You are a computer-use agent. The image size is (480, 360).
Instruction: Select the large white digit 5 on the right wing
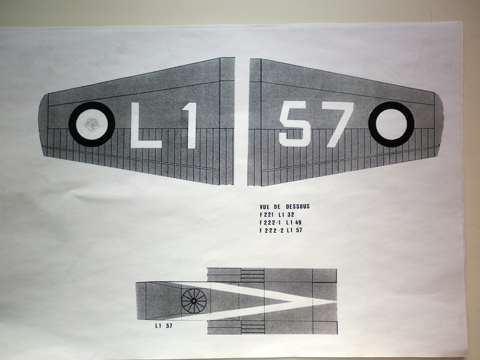[x=294, y=124]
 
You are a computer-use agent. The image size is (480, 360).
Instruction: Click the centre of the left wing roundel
[x=91, y=124]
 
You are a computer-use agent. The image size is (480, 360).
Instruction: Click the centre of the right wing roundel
[x=391, y=124]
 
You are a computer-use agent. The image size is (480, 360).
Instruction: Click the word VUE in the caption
[x=265, y=206]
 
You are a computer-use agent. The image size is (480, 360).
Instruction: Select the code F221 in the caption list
[x=266, y=214]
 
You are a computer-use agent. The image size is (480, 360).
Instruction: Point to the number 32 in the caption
[x=291, y=214]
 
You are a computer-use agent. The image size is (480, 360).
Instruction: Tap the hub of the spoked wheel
[x=194, y=300]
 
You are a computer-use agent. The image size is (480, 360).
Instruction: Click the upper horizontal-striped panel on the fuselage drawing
[x=252, y=276]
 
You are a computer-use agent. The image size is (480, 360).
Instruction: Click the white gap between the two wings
[x=242, y=122]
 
